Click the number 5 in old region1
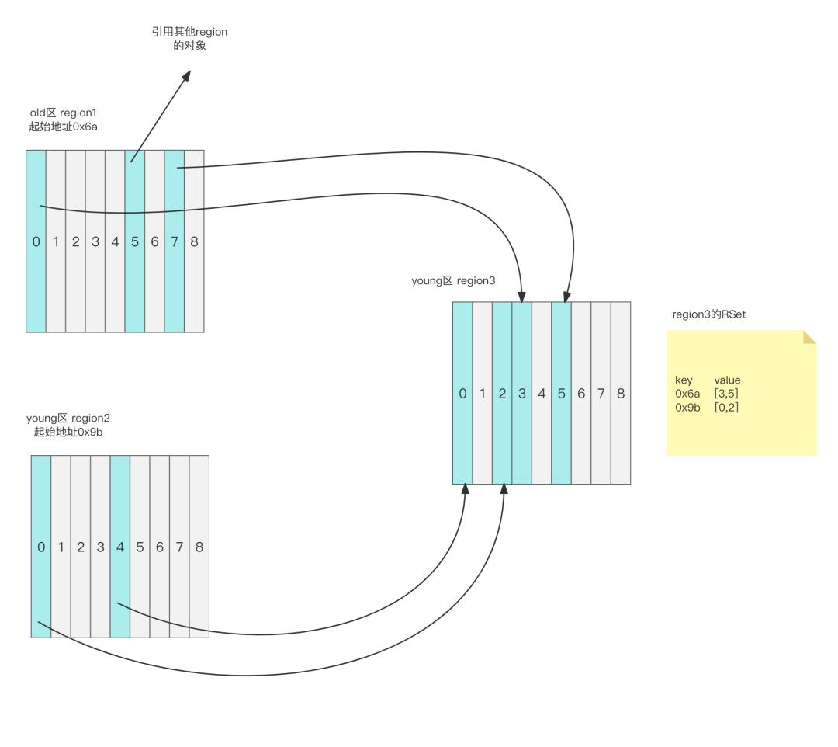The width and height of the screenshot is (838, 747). [x=135, y=241]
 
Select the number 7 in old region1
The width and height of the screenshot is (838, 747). [x=175, y=241]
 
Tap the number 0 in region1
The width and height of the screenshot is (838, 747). [x=36, y=241]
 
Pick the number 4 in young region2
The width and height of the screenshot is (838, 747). [x=120, y=547]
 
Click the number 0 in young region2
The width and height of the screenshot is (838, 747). [x=41, y=547]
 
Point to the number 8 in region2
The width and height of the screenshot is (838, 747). [x=199, y=547]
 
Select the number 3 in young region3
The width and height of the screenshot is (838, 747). [x=521, y=394]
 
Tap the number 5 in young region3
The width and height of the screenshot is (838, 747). [x=561, y=394]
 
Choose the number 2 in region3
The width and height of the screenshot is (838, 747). [x=502, y=394]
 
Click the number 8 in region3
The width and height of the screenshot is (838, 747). [x=621, y=394]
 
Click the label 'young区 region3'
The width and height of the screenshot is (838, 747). [x=453, y=281]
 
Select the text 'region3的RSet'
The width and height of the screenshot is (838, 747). [x=708, y=314]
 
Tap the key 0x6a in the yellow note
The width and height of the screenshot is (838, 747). [x=687, y=394]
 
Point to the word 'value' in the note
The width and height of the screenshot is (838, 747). [x=727, y=380]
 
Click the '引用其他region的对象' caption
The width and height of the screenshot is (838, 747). [x=190, y=39]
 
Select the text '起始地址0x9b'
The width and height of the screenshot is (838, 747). [x=68, y=432]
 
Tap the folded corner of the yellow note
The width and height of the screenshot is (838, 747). [x=809, y=338]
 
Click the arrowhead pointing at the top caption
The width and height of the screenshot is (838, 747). [x=186, y=75]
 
